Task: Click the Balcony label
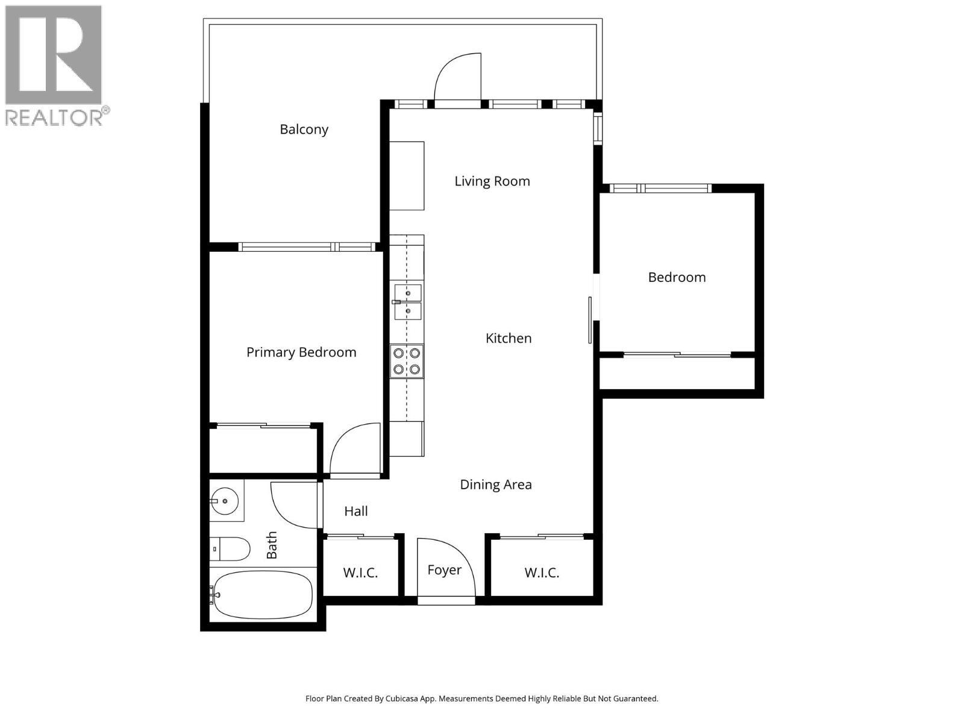[304, 130]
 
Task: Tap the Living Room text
[492, 181]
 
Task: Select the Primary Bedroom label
[301, 352]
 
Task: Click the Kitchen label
[509, 339]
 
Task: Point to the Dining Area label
[495, 484]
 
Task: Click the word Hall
[355, 512]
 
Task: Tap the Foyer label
[444, 570]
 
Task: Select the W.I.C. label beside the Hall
[360, 573]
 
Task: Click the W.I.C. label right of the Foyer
[541, 573]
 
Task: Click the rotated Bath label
[272, 545]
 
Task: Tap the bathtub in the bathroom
[263, 595]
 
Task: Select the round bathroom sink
[225, 501]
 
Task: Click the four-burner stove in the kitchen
[407, 361]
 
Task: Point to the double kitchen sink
[408, 302]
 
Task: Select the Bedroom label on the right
[677, 278]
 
